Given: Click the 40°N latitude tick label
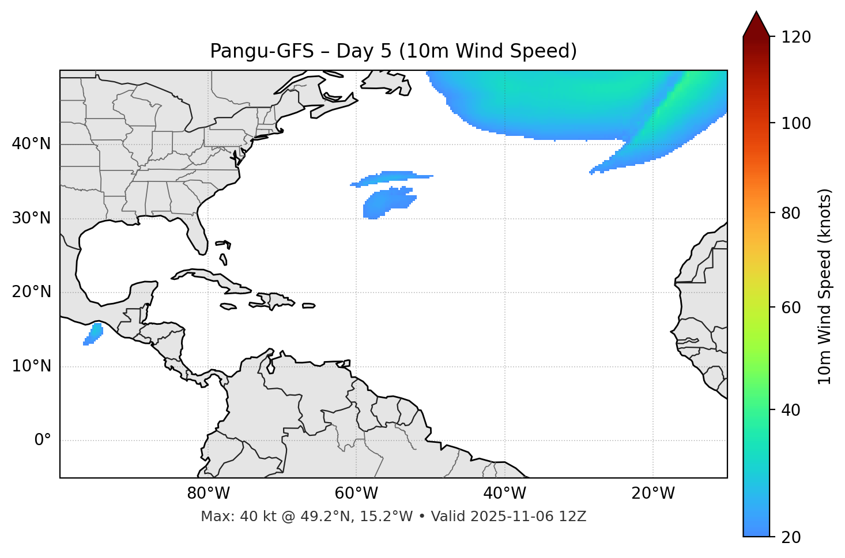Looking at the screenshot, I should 31,144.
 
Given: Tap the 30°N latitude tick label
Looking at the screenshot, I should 31,218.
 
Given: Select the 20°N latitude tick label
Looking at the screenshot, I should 31,292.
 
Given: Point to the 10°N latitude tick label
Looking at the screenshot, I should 31,366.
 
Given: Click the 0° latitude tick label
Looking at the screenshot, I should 43,441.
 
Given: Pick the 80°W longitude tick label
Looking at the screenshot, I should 208,494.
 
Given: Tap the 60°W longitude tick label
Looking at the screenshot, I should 356,494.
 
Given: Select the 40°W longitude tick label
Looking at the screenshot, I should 504,494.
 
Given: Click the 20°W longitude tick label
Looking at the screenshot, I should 653,494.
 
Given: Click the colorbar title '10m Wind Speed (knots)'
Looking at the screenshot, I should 825,287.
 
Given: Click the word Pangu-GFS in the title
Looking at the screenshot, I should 261,51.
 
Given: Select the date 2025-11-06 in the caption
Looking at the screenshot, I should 513,517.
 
